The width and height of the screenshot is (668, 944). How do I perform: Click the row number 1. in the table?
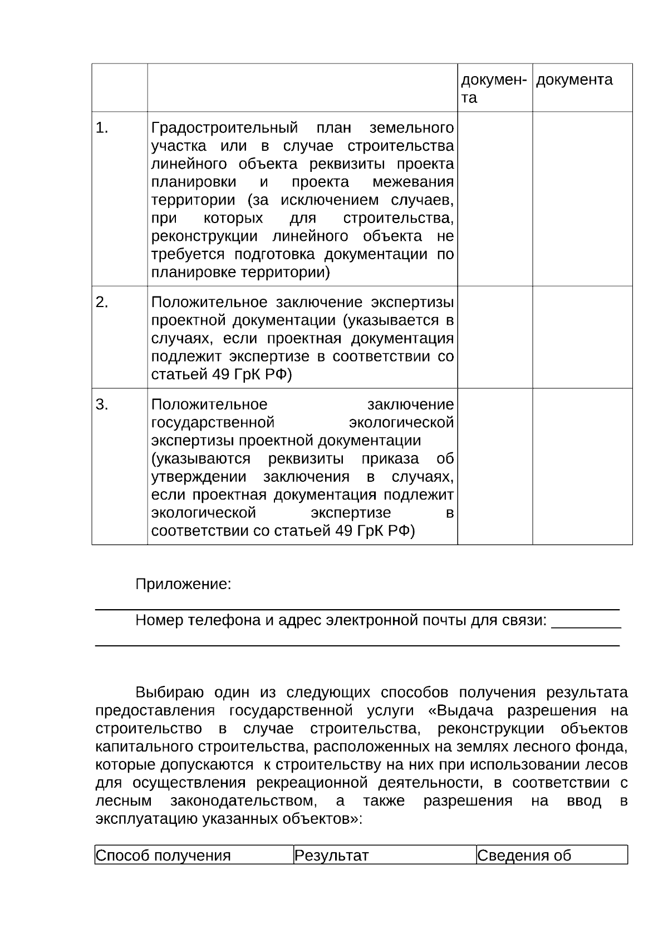tap(101, 128)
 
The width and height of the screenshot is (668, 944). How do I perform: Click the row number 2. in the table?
tap(101, 303)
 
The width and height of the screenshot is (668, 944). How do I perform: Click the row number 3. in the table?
tap(101, 405)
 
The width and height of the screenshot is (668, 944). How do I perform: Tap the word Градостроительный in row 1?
tap(224, 128)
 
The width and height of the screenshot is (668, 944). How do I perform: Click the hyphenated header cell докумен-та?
tap(494, 88)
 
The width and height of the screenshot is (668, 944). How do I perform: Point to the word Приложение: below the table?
tap(183, 585)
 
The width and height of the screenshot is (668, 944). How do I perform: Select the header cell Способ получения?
tap(163, 856)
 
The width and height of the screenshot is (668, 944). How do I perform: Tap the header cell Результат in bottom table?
tap(331, 856)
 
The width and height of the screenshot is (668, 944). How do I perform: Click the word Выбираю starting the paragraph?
tap(170, 693)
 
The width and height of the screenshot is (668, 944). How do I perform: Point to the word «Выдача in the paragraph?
tap(459, 711)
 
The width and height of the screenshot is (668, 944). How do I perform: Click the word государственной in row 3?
tap(213, 423)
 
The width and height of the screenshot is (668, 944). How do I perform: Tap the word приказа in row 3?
tap(390, 459)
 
